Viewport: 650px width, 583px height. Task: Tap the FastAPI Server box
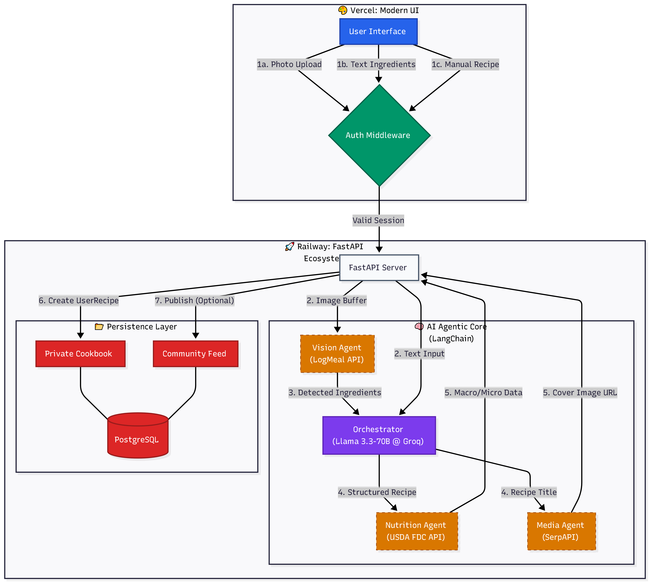(379, 268)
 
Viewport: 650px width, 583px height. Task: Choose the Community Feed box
(196, 354)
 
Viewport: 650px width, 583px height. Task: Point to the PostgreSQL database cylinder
(138, 435)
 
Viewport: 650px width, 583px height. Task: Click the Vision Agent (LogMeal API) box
(337, 354)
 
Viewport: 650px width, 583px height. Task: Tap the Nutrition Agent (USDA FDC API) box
(417, 531)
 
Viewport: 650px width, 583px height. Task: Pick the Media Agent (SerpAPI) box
(562, 531)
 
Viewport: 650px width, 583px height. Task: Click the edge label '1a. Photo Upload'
(289, 64)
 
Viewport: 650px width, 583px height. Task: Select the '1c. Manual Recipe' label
(465, 64)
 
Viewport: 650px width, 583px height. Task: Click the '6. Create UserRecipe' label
(79, 300)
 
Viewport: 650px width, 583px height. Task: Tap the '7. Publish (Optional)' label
(195, 300)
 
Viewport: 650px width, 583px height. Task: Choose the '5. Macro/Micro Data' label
(483, 392)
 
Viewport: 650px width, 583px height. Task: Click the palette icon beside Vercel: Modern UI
(343, 10)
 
